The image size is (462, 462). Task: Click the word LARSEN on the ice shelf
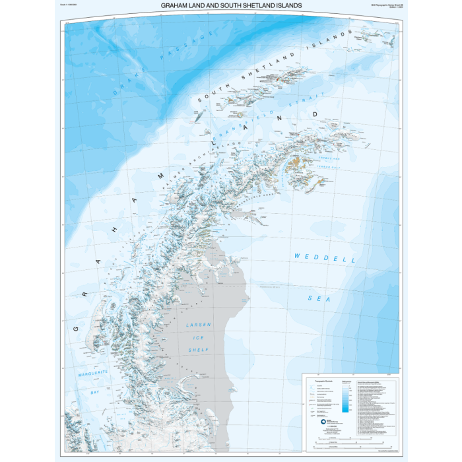[x=197, y=325]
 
